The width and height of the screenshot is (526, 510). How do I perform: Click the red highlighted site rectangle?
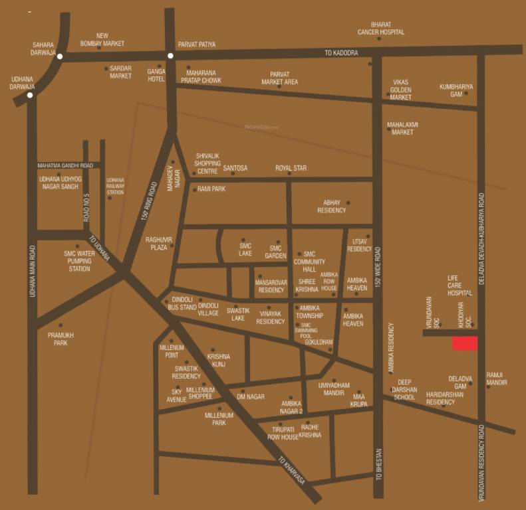pyautogui.click(x=465, y=343)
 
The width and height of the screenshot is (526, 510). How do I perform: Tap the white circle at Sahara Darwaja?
pyautogui.click(x=60, y=57)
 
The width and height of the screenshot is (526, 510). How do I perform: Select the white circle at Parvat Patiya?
pyautogui.click(x=170, y=56)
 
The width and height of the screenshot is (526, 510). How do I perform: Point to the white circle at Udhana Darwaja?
pyautogui.click(x=29, y=95)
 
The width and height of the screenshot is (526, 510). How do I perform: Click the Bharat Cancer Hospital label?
pyautogui.click(x=380, y=28)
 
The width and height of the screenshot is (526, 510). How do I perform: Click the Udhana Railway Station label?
pyautogui.click(x=115, y=186)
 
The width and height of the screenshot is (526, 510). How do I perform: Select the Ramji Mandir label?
pyautogui.click(x=497, y=379)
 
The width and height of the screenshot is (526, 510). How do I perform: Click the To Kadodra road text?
pyautogui.click(x=341, y=52)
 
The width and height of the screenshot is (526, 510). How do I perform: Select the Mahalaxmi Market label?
pyautogui.click(x=400, y=128)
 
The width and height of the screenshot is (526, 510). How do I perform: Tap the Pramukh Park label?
pyautogui.click(x=59, y=339)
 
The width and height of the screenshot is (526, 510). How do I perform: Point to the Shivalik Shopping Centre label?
pyautogui.click(x=207, y=163)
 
